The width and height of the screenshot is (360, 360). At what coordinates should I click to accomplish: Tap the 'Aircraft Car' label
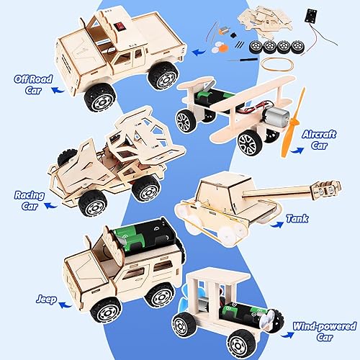pyautogui.click(x=325, y=140)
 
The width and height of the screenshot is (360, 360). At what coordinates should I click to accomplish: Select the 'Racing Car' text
pyautogui.click(x=30, y=199)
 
